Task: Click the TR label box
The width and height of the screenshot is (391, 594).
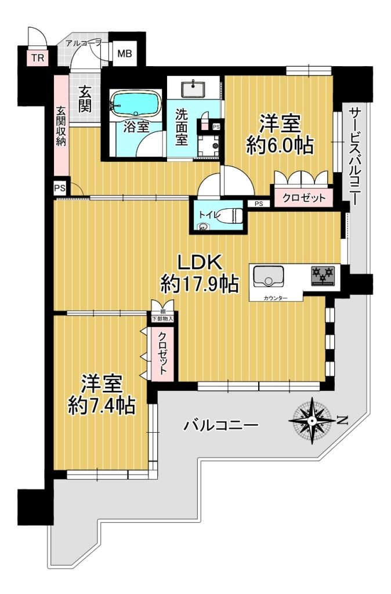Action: point(38,58)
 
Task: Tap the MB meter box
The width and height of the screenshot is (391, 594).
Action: point(124,53)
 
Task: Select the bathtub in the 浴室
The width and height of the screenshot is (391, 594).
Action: point(135,103)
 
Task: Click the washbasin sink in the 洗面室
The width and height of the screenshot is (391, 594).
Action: point(194,89)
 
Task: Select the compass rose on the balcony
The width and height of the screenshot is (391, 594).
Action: point(312,421)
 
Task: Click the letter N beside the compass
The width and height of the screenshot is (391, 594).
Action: point(343,420)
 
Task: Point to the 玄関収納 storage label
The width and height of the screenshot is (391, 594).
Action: point(60,126)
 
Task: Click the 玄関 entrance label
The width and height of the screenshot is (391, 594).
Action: point(85,99)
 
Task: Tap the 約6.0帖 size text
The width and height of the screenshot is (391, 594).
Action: point(280,145)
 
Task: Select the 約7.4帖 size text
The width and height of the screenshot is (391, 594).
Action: point(102,405)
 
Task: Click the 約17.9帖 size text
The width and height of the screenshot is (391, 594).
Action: point(200,283)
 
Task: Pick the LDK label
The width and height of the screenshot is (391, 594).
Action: point(200,262)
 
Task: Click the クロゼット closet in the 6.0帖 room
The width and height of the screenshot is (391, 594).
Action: point(303,197)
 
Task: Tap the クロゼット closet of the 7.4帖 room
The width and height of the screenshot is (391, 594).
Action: point(162,354)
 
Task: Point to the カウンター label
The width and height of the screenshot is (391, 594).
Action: point(276,298)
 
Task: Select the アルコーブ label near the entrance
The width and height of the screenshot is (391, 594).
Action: point(84,43)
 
